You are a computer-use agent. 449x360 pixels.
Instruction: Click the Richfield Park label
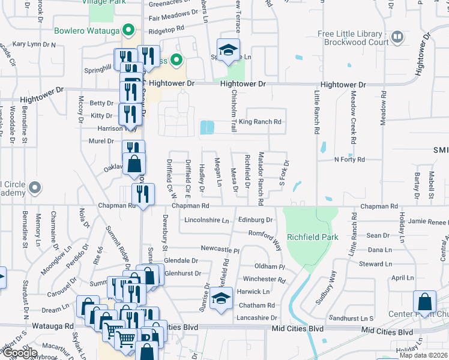[x=312, y=237]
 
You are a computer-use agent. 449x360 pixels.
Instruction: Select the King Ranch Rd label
[x=260, y=122]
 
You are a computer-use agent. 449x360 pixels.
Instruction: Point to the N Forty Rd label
[x=349, y=160]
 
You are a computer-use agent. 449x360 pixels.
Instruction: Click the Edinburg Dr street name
[x=255, y=220]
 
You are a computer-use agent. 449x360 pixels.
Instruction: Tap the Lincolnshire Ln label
[x=207, y=220]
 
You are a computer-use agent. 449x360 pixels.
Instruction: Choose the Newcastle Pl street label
[x=220, y=249]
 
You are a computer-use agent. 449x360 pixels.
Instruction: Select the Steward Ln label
[x=375, y=264]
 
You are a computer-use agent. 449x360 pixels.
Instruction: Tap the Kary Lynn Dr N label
[x=34, y=44]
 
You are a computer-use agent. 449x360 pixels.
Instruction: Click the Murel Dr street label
[x=101, y=141]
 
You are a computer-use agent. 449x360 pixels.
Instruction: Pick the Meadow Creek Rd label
[x=354, y=116]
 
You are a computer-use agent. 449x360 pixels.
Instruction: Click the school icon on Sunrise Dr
[x=221, y=298]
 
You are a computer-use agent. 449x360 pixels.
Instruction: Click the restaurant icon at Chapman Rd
[x=143, y=194]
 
